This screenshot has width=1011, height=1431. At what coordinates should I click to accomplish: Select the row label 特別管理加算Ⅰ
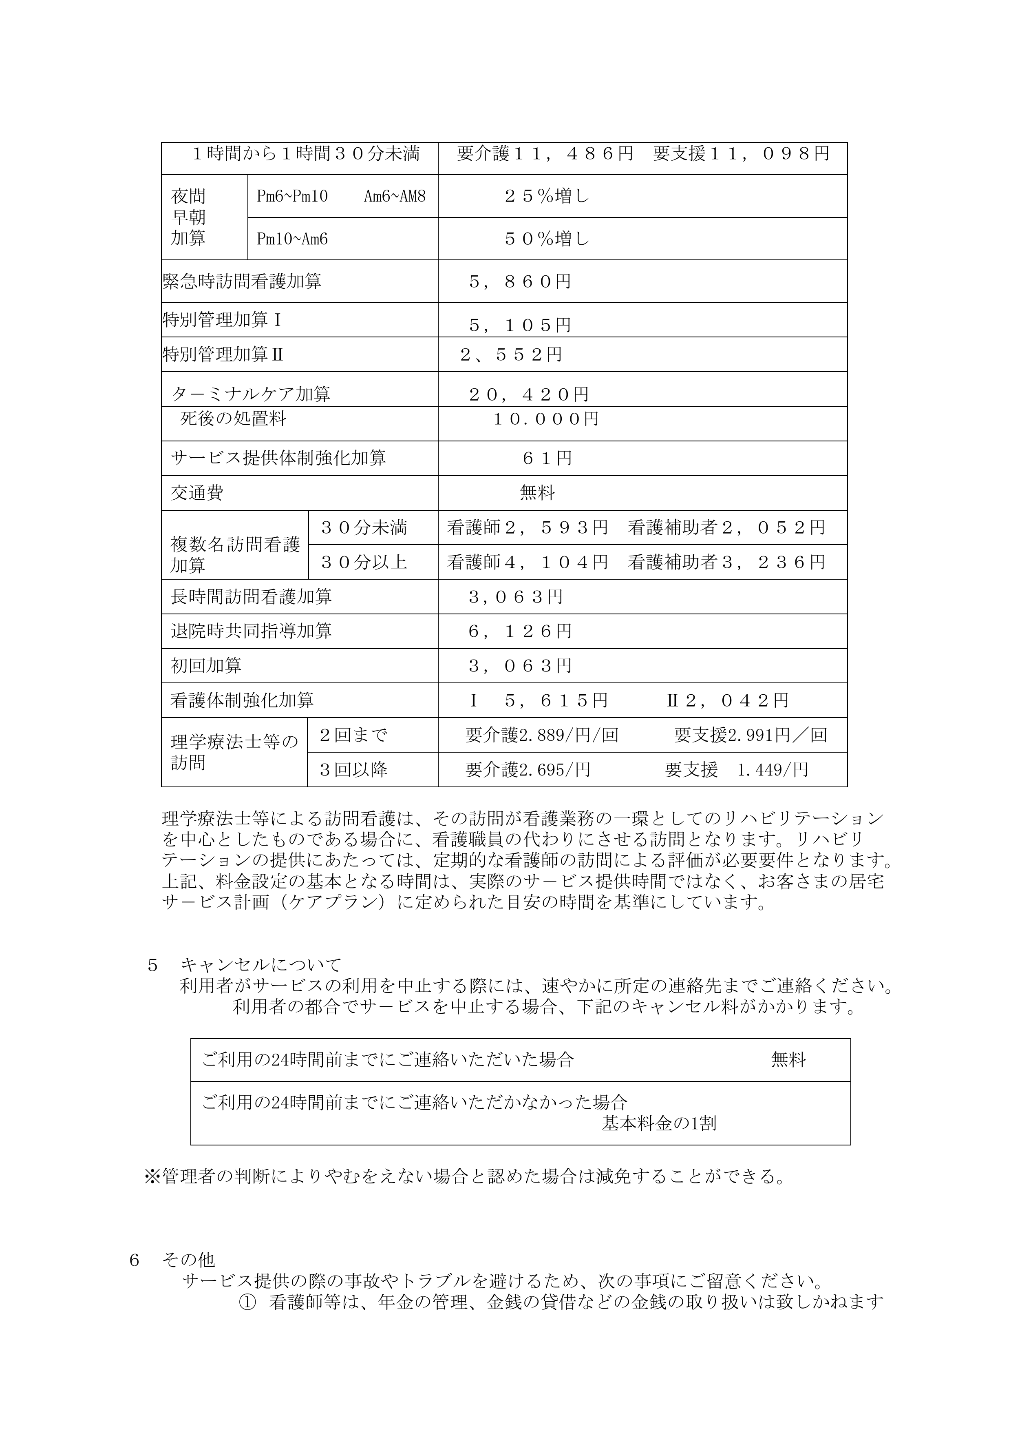click(x=222, y=320)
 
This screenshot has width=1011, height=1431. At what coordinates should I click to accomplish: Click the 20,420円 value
click(x=528, y=394)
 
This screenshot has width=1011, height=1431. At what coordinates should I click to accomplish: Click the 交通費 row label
click(x=197, y=493)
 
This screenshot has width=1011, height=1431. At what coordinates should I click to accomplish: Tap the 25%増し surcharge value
click(x=546, y=196)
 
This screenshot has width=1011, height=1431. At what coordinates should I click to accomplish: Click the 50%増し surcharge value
click(x=546, y=239)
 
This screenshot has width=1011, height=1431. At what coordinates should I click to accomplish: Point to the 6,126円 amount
click(x=519, y=631)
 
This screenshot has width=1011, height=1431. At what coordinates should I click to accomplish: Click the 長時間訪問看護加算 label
click(x=251, y=596)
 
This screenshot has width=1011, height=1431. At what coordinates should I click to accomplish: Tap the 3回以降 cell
click(x=353, y=770)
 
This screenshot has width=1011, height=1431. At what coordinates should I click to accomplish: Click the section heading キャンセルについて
click(x=260, y=965)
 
